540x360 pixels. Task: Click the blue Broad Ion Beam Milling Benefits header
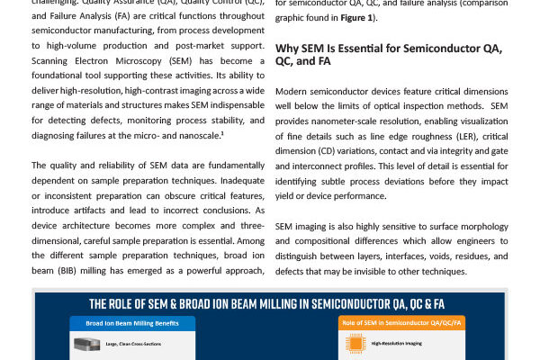132,321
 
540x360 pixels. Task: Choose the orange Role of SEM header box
402,322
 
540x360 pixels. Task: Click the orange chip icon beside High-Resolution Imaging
348,343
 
